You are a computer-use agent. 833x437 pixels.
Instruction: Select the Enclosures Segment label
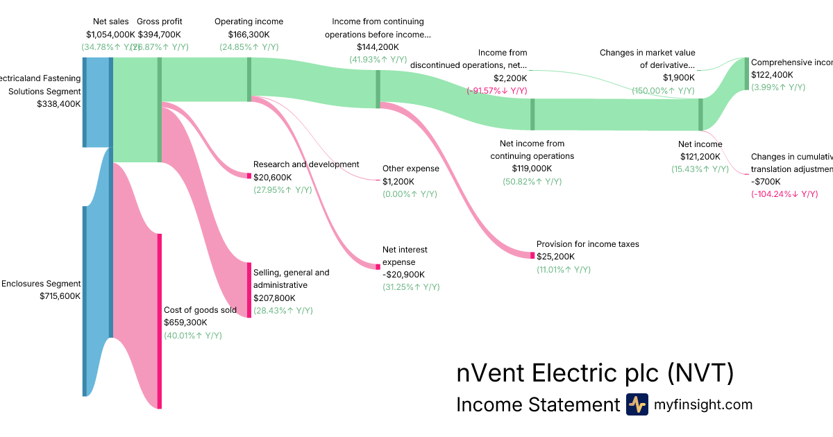tap(41, 284)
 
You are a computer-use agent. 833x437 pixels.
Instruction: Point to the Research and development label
tap(306, 164)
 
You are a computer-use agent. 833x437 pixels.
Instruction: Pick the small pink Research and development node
tap(249, 175)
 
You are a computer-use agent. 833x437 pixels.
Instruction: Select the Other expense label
tap(410, 169)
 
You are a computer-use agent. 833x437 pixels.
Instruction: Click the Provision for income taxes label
tap(587, 244)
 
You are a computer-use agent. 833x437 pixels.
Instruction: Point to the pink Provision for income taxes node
tap(532, 255)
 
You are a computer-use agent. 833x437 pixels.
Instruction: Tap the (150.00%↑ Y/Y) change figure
tap(663, 91)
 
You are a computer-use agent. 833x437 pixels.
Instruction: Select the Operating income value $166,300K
tap(249, 34)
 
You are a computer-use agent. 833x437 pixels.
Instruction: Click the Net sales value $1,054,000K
tap(110, 34)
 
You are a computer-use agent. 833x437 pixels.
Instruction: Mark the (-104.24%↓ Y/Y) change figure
tap(784, 194)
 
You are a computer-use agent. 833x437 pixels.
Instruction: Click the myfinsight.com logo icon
tap(637, 404)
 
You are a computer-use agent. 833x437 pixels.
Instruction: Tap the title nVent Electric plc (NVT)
tap(595, 373)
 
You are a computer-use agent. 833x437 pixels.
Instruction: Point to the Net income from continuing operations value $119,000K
tap(532, 169)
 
